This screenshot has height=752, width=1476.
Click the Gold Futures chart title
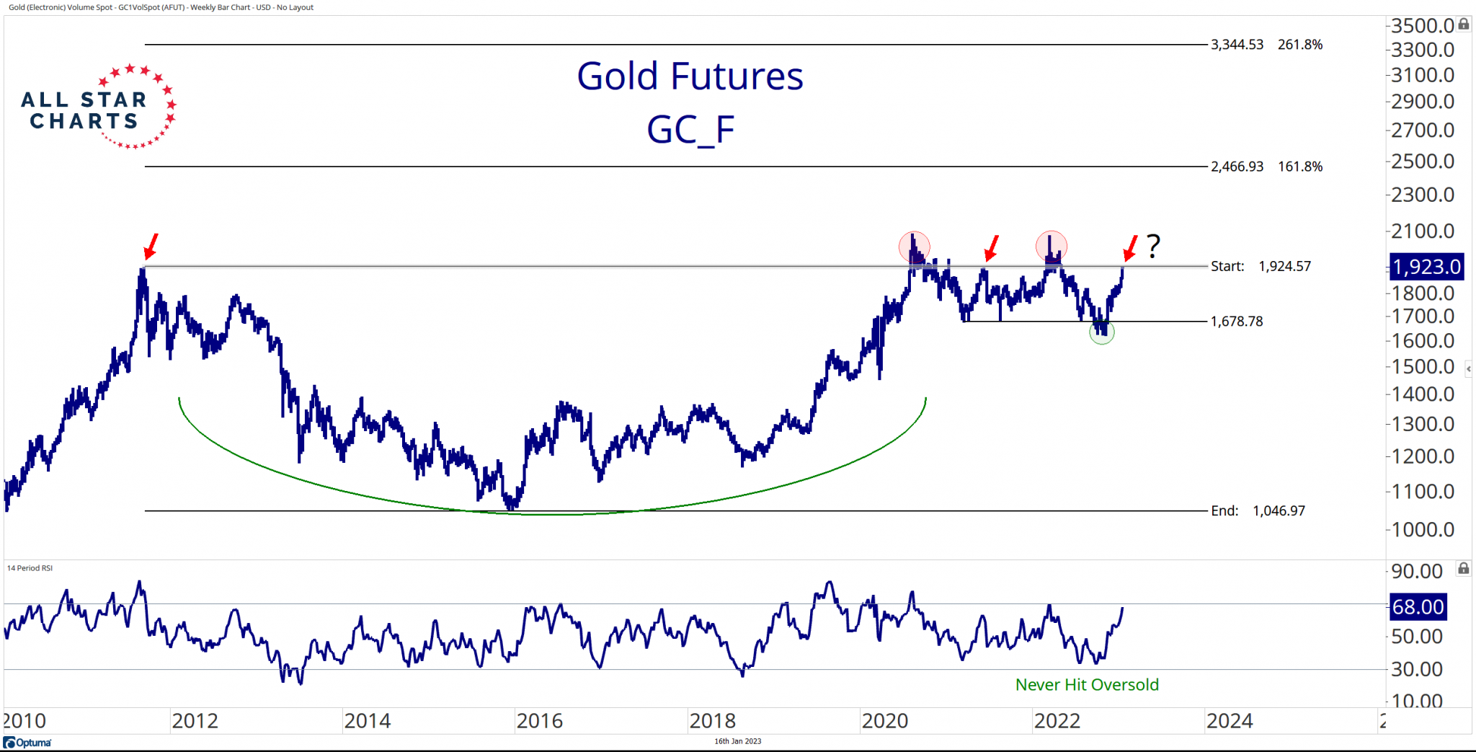point(690,76)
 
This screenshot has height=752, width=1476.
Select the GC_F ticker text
point(690,130)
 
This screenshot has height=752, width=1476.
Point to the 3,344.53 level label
point(1237,45)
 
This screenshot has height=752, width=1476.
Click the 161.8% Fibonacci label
point(1300,167)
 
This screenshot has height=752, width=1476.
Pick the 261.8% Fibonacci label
point(1300,45)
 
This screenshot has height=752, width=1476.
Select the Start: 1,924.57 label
point(1261,266)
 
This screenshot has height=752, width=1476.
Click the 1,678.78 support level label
point(1237,322)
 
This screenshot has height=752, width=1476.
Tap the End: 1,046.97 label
point(1258,511)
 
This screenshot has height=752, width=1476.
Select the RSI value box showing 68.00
point(1418,607)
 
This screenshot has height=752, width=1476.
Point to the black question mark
point(1153,247)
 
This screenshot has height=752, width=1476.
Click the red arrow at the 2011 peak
point(150,247)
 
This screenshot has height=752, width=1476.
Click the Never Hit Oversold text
point(1087,685)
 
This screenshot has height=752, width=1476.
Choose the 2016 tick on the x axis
point(539,721)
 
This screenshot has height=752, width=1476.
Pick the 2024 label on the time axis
point(1230,721)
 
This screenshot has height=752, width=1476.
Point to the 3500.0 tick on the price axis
point(1423,26)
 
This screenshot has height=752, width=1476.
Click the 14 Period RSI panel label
point(30,568)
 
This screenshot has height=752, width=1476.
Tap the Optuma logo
point(27,743)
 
